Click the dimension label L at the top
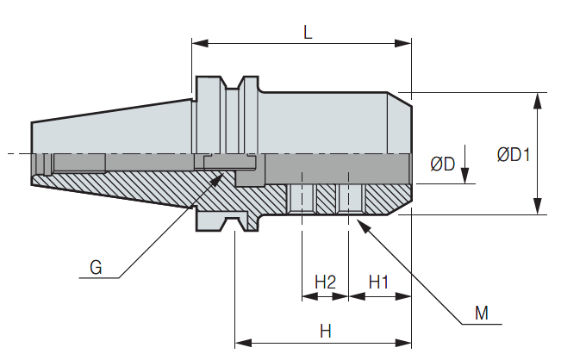click(308, 32)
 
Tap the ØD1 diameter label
click(513, 156)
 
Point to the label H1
click(379, 282)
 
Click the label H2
click(325, 282)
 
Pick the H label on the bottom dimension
click(325, 330)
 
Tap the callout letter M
click(484, 313)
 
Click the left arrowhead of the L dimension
click(196, 41)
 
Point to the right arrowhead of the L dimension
click(407, 41)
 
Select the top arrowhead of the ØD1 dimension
click(538, 97)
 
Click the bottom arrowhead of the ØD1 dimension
click(538, 208)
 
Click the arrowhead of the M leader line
click(361, 222)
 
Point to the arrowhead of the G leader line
click(223, 176)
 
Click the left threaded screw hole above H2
click(302, 199)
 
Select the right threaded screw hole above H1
click(348, 199)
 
